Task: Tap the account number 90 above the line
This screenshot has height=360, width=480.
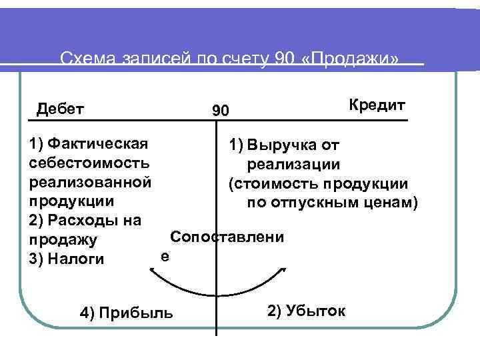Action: pos(220,111)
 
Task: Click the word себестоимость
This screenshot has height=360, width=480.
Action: pos(89,162)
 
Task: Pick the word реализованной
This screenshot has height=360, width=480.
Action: pos(90,181)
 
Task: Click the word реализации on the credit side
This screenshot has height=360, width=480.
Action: pos(293,164)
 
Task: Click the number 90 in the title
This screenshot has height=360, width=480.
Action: pos(283,59)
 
